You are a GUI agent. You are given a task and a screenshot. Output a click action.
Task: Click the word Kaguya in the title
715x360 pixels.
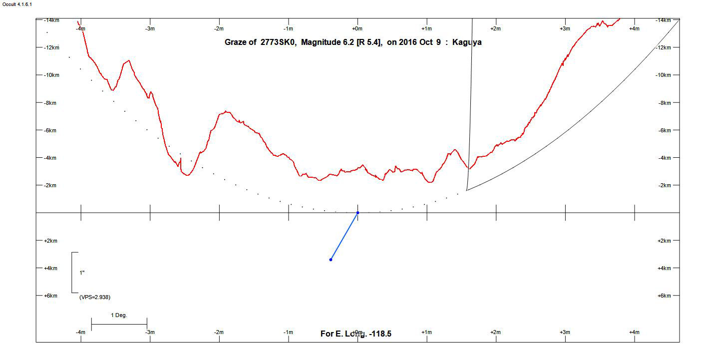pyautogui.click(x=467, y=42)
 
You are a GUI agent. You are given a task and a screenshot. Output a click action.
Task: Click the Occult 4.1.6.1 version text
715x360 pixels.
pyautogui.click(x=17, y=4)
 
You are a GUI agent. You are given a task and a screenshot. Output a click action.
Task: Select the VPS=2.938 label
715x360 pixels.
pyautogui.click(x=95, y=297)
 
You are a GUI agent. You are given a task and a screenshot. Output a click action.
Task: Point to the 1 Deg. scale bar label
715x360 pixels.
pyautogui.click(x=119, y=316)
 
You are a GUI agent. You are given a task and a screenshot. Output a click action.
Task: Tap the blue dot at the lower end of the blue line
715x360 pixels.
pyautogui.click(x=331, y=260)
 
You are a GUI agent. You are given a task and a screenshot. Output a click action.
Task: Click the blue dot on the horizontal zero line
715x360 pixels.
pyautogui.click(x=357, y=213)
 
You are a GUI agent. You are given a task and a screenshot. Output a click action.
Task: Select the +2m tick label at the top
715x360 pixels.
pyautogui.click(x=495, y=29)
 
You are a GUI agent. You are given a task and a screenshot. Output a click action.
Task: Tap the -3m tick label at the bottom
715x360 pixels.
pyautogui.click(x=150, y=333)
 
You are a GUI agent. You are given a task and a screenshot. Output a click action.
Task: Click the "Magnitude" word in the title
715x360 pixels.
pyautogui.click(x=320, y=42)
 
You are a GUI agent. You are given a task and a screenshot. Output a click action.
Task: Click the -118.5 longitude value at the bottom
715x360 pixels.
pyautogui.click(x=380, y=334)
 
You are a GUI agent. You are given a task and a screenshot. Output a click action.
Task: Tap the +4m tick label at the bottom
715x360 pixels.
pyautogui.click(x=634, y=333)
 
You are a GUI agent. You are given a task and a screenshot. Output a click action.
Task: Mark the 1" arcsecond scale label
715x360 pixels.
pyautogui.click(x=82, y=273)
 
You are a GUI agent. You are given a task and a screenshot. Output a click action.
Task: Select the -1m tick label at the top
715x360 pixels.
pyautogui.click(x=288, y=29)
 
